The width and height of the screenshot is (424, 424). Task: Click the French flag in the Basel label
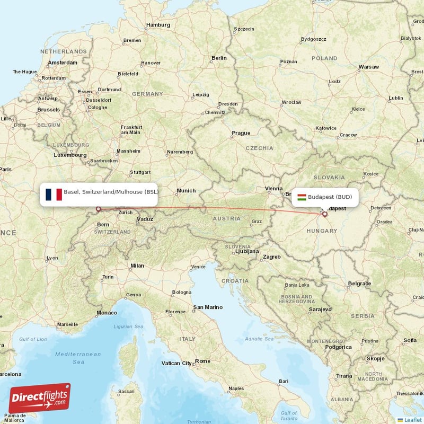click(x=54, y=195)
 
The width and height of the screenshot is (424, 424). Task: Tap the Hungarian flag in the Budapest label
click(x=301, y=197)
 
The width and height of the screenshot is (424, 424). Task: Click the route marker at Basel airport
click(x=98, y=209)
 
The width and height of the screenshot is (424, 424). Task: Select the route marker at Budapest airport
click(x=325, y=215)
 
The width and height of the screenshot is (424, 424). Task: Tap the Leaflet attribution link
click(x=413, y=420)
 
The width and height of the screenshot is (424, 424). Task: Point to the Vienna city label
click(x=274, y=188)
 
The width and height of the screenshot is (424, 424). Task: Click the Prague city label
click(x=241, y=133)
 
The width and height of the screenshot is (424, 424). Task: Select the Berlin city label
click(x=219, y=58)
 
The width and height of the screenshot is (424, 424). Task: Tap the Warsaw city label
click(x=368, y=67)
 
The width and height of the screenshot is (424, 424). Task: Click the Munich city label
click(x=186, y=191)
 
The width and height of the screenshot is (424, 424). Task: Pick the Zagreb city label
click(x=272, y=257)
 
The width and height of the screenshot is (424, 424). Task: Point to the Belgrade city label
click(x=359, y=284)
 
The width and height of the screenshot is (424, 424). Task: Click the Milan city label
click(x=137, y=266)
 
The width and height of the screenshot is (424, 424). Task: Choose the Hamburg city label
click(x=158, y=25)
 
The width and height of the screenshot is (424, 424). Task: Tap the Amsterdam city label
click(x=63, y=63)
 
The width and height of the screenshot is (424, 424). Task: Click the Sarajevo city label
click(x=321, y=309)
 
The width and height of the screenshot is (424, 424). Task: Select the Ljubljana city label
click(x=246, y=251)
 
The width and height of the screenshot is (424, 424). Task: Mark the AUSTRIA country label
click(x=226, y=218)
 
